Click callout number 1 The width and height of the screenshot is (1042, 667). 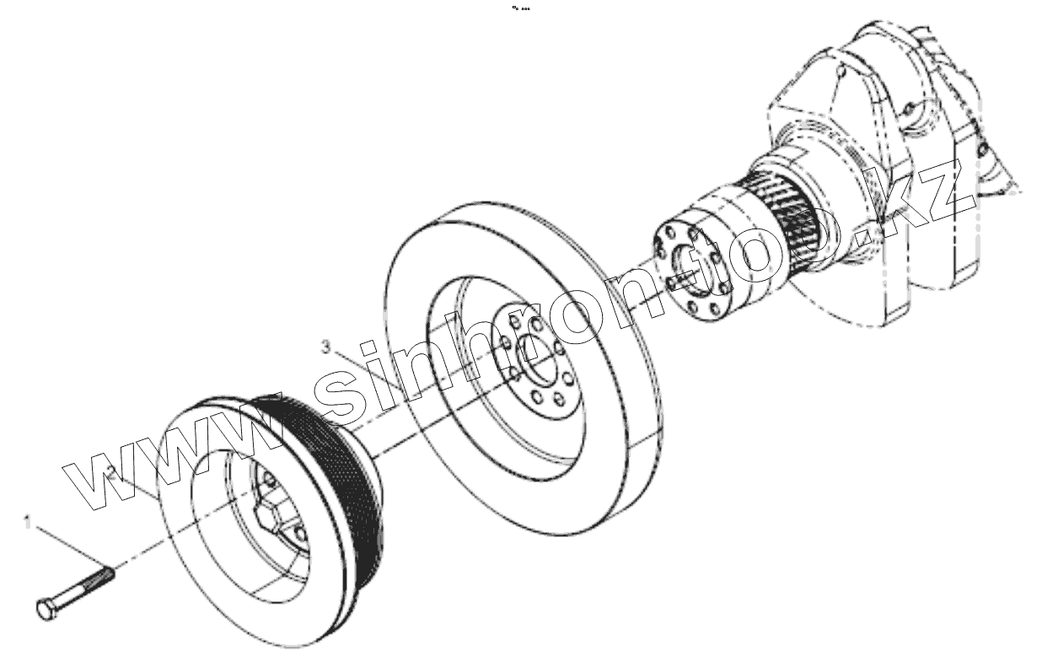coord(28,523)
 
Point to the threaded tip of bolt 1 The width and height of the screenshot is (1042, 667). coord(106,575)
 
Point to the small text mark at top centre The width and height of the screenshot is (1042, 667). coord(521,9)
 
